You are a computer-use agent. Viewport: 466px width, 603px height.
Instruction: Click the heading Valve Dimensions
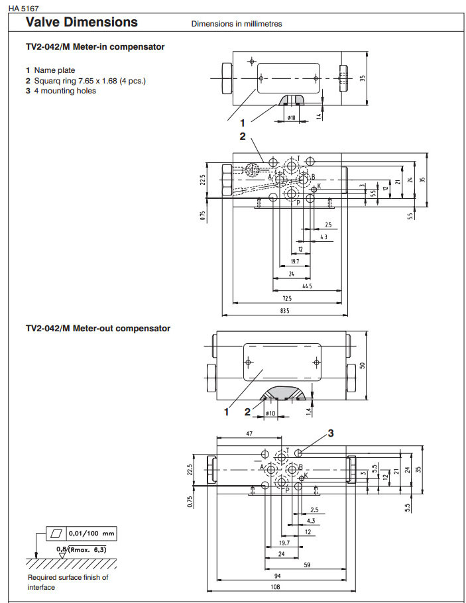(82, 23)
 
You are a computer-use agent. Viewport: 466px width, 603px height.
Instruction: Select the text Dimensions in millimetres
(237, 24)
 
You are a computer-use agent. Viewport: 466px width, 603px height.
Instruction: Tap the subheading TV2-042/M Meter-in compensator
(95, 47)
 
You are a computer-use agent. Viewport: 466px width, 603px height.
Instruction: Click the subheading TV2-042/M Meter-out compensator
(97, 328)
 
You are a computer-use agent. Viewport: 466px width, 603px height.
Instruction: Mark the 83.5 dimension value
(286, 309)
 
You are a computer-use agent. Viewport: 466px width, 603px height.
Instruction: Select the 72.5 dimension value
(286, 298)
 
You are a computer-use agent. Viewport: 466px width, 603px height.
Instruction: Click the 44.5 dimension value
(306, 286)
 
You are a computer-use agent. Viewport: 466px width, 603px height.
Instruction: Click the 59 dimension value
(307, 564)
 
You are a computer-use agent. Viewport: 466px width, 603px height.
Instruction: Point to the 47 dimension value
(249, 433)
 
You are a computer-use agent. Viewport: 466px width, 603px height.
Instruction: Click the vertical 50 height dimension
(363, 365)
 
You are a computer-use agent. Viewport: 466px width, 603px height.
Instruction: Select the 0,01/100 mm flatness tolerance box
(91, 532)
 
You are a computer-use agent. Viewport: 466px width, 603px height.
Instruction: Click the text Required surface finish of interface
(68, 582)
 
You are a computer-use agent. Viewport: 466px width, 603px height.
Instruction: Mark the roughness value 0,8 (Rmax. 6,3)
(82, 549)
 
